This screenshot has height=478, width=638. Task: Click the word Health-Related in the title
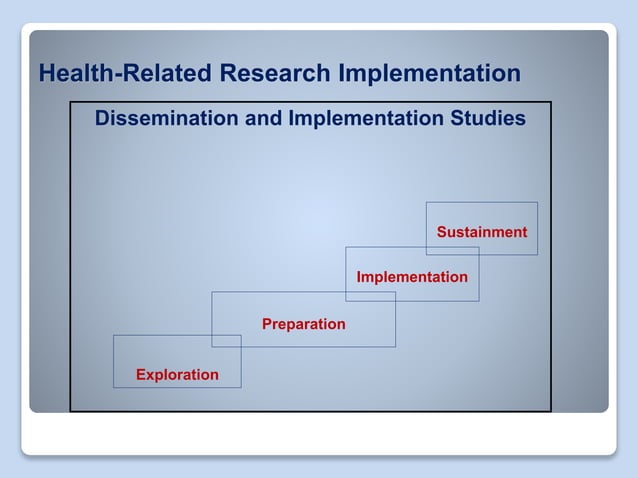click(126, 74)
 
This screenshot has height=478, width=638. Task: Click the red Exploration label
click(177, 375)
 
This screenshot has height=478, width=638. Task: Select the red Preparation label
click(303, 324)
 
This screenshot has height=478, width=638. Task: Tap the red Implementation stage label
click(412, 276)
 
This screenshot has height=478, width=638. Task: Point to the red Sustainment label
click(481, 232)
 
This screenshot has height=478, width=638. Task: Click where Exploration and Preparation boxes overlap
click(226, 341)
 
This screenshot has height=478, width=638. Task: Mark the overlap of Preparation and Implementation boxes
click(370, 297)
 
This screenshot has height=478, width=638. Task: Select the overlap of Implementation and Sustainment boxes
click(452, 251)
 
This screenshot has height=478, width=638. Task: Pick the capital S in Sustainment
click(441, 232)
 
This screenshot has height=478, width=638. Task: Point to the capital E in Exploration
click(140, 375)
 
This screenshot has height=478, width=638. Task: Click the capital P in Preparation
click(266, 324)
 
